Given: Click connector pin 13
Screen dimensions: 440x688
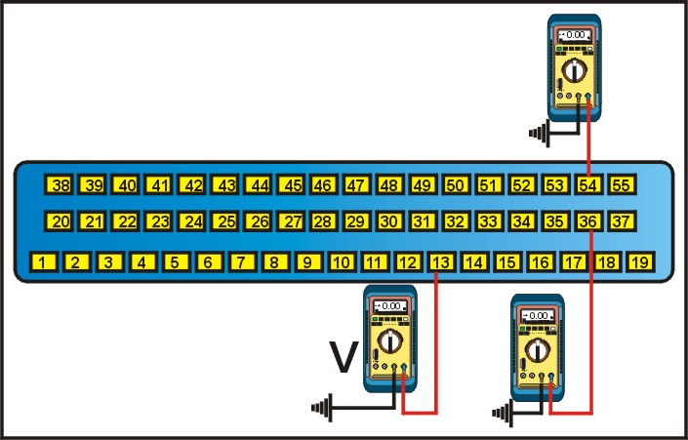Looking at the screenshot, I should point(441,261).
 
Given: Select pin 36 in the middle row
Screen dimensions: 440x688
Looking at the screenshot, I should point(588,222).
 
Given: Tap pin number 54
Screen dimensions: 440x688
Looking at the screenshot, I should point(588,184).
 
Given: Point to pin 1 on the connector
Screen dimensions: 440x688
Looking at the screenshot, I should point(44,261).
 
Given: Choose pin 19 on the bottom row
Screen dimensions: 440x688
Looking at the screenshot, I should point(639,261).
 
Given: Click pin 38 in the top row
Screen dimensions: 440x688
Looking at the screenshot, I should point(61,184).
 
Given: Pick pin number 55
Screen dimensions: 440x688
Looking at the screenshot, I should point(622,184).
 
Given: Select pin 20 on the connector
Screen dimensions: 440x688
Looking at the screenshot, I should point(61,222).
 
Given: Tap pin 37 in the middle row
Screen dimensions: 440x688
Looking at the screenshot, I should point(622,222).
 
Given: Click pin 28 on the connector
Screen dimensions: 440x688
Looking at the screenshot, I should point(323,222).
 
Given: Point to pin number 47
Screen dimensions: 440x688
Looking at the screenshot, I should point(356,184).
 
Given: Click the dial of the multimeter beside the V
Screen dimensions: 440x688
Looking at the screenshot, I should point(391,340).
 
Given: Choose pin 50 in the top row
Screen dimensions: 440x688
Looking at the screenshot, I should point(455,184).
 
